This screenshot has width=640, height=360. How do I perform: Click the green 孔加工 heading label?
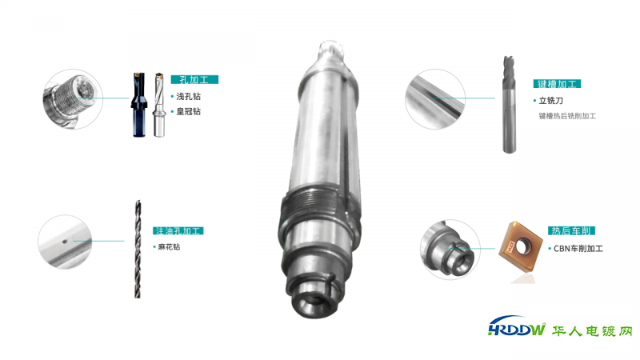[x=194, y=79]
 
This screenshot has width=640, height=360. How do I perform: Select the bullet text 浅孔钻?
[x=189, y=96]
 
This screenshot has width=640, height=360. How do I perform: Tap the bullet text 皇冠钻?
[x=189, y=111]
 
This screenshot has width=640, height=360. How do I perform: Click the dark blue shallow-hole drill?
[x=138, y=105]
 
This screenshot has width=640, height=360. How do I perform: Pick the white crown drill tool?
[x=158, y=105]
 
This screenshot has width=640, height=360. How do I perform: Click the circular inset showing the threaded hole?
[x=73, y=98]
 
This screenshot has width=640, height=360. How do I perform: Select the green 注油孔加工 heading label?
[x=178, y=230]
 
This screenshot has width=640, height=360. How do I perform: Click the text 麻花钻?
[x=169, y=246]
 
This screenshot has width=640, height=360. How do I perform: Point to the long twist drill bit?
[x=138, y=249]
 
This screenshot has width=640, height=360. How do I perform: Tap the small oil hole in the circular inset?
[x=65, y=242]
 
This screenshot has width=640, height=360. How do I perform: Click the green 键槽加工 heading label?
[x=557, y=84]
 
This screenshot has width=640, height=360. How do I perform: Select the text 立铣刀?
[x=551, y=101]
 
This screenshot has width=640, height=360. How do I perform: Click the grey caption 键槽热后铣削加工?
[x=567, y=116]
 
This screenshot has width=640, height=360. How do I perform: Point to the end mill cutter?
[x=509, y=105]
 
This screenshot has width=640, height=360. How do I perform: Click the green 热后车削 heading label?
[x=571, y=230]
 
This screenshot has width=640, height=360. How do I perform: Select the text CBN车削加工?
[x=578, y=248]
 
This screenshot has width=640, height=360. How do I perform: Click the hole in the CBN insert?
[x=522, y=246]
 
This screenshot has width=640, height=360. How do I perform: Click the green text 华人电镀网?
[x=592, y=330]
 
